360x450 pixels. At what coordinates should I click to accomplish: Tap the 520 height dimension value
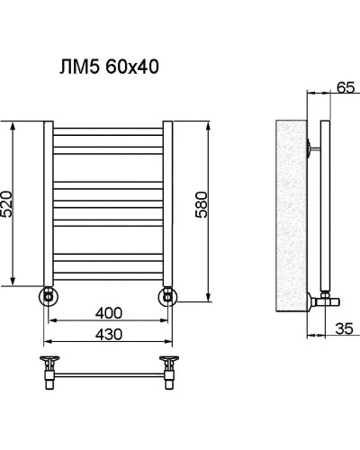(x=8, y=208)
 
